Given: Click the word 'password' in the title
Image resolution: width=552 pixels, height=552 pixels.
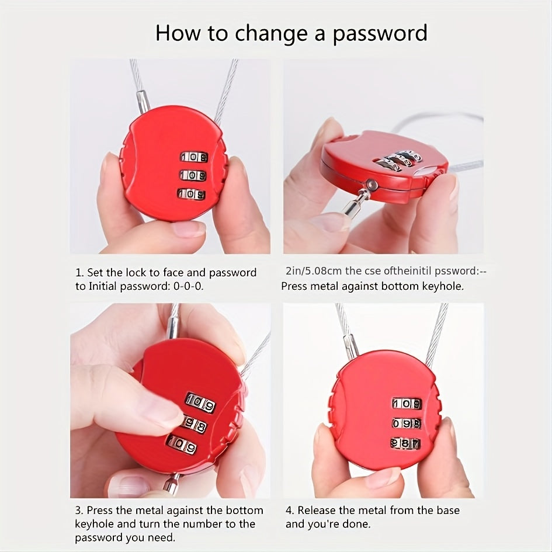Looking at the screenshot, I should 380,33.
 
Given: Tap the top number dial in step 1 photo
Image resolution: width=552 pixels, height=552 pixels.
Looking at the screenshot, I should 193,157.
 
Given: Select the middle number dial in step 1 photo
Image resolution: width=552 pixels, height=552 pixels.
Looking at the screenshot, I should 193,175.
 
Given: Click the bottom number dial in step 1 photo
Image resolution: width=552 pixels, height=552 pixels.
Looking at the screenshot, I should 192,194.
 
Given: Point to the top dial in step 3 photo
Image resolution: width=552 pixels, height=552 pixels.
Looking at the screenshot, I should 200,402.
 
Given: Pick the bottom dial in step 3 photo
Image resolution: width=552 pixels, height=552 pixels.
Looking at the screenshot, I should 182,445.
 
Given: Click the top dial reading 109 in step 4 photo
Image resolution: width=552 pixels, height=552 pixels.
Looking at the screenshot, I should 406,404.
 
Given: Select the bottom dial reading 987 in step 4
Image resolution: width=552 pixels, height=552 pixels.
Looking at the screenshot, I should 405,443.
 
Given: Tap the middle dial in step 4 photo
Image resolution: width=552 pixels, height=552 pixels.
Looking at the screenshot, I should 406,423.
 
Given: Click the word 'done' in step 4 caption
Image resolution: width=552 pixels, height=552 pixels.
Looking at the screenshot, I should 356,524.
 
